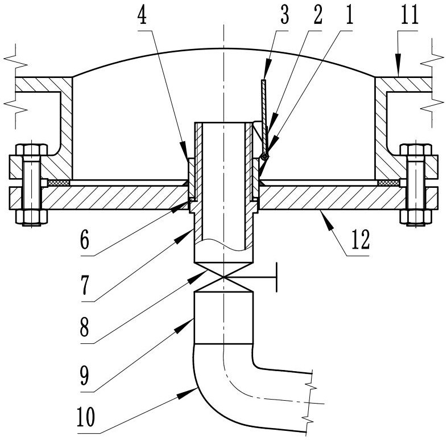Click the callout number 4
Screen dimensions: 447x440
click(142, 16)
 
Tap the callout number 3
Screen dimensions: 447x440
click(284, 15)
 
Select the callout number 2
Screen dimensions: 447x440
click(317, 15)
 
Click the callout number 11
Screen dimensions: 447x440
click(409, 15)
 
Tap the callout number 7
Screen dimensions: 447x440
click(85, 286)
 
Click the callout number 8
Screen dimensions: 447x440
click(85, 327)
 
